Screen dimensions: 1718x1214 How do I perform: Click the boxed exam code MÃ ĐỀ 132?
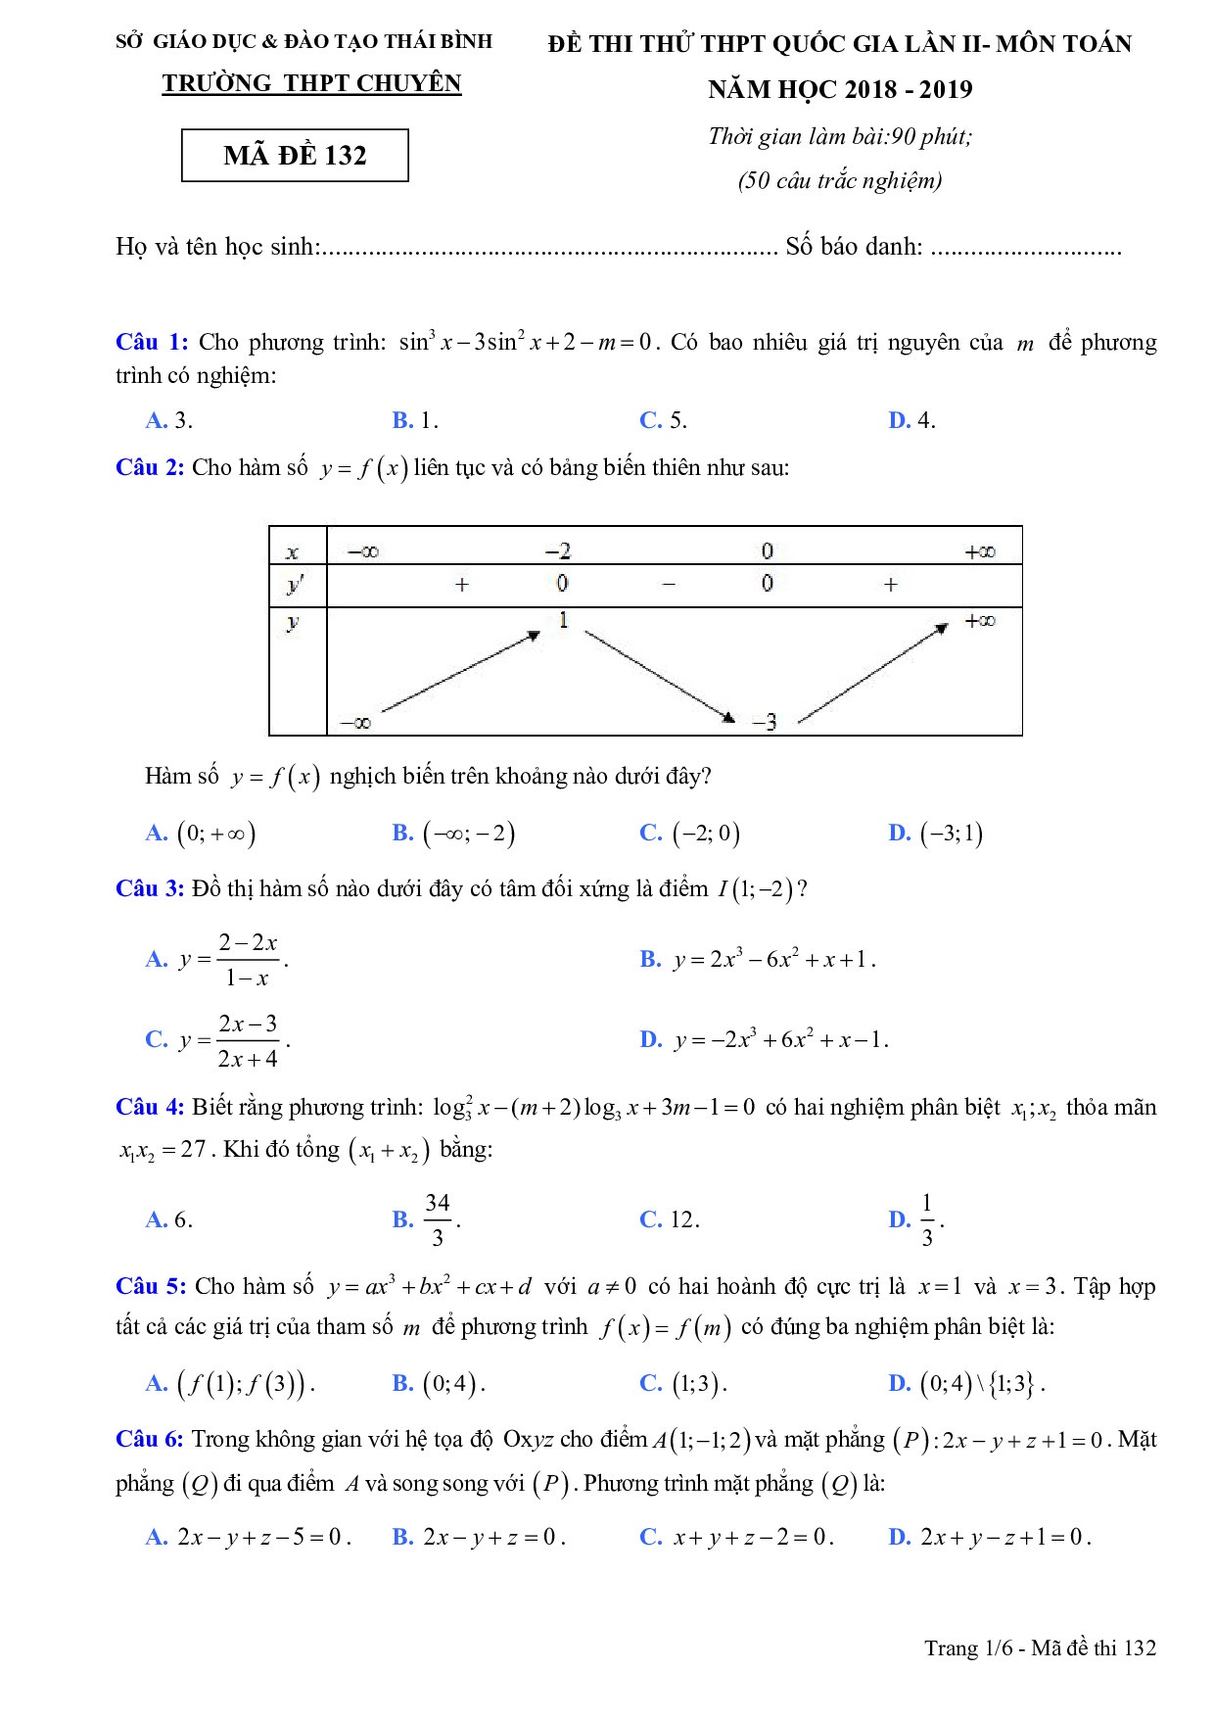[295, 156]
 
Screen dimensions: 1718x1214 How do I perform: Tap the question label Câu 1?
[151, 342]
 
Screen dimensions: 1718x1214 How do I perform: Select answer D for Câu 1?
[911, 420]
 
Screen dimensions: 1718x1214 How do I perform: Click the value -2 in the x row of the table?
[558, 550]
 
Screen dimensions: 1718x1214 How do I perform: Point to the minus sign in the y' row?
[669, 585]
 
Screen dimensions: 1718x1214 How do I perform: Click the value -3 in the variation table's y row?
[765, 723]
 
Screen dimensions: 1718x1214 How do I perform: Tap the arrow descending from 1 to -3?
[659, 675]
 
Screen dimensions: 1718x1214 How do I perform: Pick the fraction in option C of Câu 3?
[248, 1041]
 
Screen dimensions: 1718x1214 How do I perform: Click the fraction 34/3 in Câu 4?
[438, 1219]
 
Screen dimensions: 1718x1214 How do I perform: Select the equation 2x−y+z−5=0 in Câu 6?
[262, 1537]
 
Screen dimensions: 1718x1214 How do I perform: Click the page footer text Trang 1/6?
[1040, 1647]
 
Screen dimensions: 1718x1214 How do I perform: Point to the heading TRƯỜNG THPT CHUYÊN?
[311, 84]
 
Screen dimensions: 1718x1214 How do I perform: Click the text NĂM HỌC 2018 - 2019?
[840, 90]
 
